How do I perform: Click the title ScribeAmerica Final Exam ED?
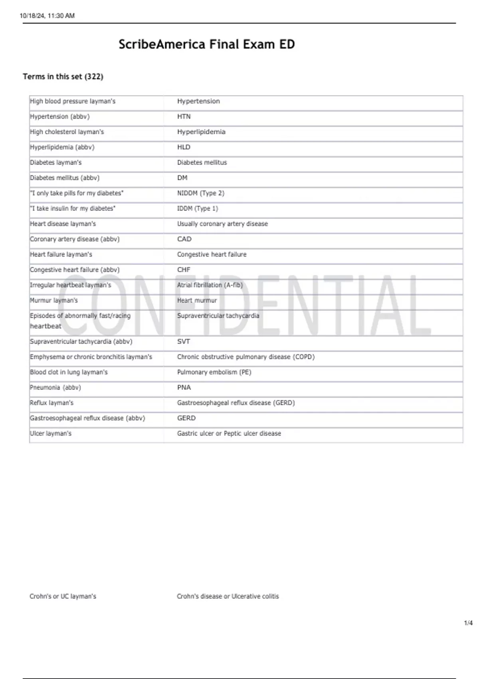pyautogui.click(x=206, y=44)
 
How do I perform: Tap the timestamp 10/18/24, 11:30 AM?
pyautogui.click(x=47, y=16)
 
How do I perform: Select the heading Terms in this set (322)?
pyautogui.click(x=63, y=77)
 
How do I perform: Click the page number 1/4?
pyautogui.click(x=468, y=623)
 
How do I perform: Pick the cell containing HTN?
pyautogui.click(x=184, y=117)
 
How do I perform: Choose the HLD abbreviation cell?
pyautogui.click(x=184, y=147)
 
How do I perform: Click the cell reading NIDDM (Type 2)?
pyautogui.click(x=201, y=193)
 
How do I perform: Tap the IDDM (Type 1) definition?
pyautogui.click(x=198, y=208)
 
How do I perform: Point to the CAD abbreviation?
pyautogui.click(x=184, y=239)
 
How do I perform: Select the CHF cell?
pyautogui.click(x=184, y=270)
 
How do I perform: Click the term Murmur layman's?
pyautogui.click(x=54, y=300)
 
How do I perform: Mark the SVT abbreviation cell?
pyautogui.click(x=184, y=342)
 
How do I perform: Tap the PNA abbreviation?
pyautogui.click(x=184, y=388)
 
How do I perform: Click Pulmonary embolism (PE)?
pyautogui.click(x=214, y=372)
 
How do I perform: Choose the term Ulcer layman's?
pyautogui.click(x=51, y=434)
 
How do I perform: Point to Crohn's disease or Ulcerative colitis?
pyautogui.click(x=228, y=596)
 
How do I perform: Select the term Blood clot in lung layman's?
pyautogui.click(x=69, y=372)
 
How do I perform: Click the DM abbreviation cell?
pyautogui.click(x=182, y=178)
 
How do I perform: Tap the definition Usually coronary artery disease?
pyautogui.click(x=223, y=224)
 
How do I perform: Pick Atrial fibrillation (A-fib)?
pyautogui.click(x=210, y=285)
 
